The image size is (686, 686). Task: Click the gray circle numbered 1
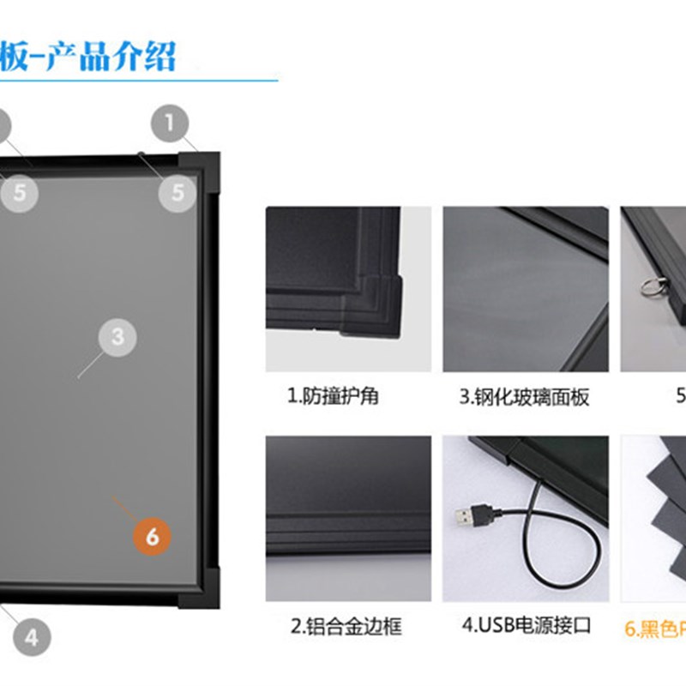click(170, 123)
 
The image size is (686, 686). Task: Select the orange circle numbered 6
click(152, 537)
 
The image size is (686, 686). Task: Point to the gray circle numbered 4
click(31, 637)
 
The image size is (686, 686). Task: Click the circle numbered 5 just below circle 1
click(177, 192)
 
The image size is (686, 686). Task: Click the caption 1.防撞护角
click(334, 397)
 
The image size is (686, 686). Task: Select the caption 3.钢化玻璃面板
click(525, 397)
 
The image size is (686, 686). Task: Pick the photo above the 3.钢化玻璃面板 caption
click(525, 288)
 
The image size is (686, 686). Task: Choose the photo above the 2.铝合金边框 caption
click(347, 518)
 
